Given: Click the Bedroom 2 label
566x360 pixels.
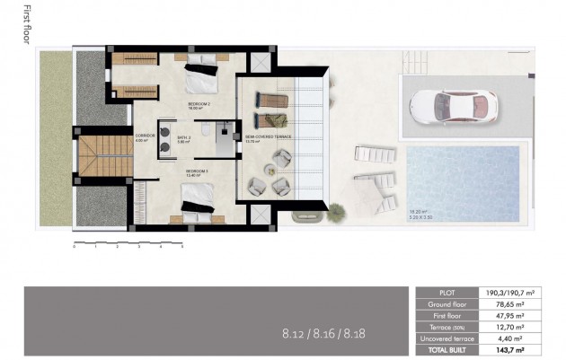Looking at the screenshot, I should (198, 105).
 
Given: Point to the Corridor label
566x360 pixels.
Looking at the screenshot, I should (145, 137).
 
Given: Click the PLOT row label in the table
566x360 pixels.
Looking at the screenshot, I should (447, 292).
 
